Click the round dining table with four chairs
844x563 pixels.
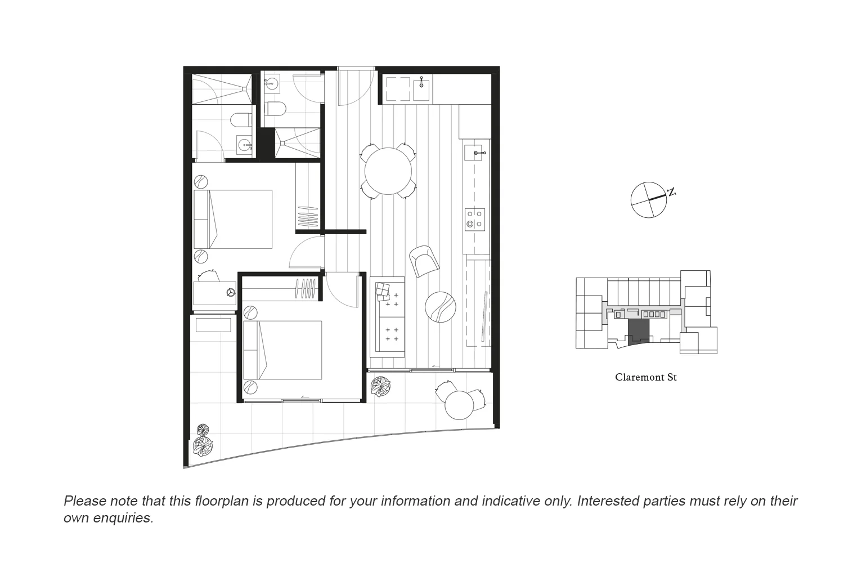click(x=388, y=171)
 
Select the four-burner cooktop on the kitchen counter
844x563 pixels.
click(x=474, y=218)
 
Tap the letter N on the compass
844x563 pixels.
click(x=671, y=193)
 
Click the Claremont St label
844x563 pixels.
click(x=645, y=377)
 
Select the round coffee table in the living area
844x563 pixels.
click(x=440, y=306)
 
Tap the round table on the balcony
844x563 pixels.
click(x=459, y=404)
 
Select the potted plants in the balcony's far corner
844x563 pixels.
click(x=203, y=441)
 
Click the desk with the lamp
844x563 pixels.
click(x=214, y=293)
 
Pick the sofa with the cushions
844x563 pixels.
click(x=387, y=316)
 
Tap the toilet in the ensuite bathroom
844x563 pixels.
click(x=241, y=120)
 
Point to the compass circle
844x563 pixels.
click(x=648, y=200)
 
